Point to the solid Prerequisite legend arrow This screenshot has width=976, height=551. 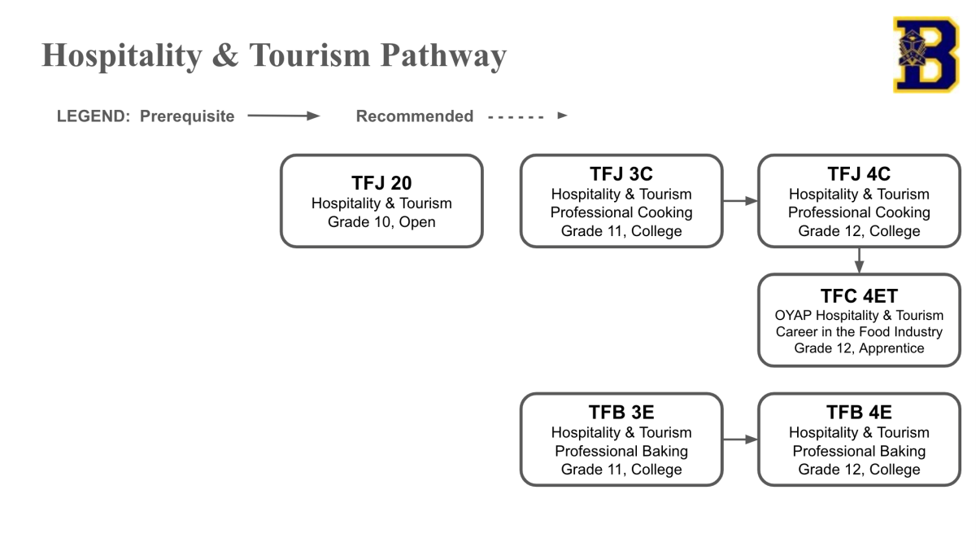click(x=283, y=116)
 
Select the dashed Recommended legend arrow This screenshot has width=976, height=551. click(x=527, y=116)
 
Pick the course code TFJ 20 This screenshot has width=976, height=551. click(x=381, y=183)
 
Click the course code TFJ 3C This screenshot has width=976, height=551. click(x=621, y=174)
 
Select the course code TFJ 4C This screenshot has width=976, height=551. click(x=859, y=174)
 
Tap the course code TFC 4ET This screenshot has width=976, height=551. click(x=859, y=296)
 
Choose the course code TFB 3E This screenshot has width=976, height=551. click(x=621, y=413)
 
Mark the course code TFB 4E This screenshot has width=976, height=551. click(x=859, y=413)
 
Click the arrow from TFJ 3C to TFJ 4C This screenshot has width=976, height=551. click(x=740, y=201)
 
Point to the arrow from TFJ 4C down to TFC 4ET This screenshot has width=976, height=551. click(x=859, y=260)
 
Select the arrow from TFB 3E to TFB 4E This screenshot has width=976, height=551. click(x=740, y=439)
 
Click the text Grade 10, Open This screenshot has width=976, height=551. click(x=381, y=221)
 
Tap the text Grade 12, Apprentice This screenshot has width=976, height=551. click(x=859, y=348)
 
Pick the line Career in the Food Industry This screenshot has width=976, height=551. click(x=859, y=332)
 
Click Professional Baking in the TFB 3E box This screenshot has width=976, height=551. click(x=621, y=451)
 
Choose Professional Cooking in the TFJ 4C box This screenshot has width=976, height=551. click(x=859, y=212)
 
